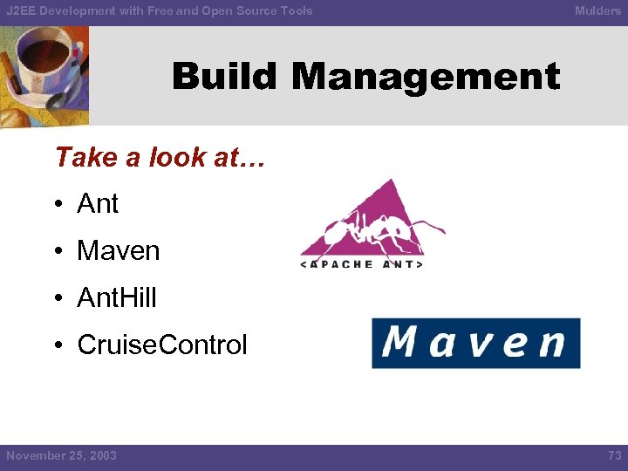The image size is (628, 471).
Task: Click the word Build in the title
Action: [x=226, y=77]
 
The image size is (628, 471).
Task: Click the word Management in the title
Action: [x=426, y=77]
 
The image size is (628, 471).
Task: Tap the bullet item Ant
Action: [x=98, y=204]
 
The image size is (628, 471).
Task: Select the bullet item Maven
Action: [x=119, y=251]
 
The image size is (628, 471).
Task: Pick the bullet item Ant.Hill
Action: [x=117, y=298]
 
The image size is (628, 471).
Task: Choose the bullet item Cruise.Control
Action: [x=162, y=345]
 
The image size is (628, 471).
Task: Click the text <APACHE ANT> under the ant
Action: [x=362, y=264]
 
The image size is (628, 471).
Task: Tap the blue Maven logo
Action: [x=475, y=343]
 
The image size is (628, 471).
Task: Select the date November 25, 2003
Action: [x=61, y=455]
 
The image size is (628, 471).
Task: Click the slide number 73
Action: [x=614, y=455]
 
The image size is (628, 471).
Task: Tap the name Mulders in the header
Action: [x=597, y=10]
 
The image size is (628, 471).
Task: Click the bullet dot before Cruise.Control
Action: [x=58, y=346]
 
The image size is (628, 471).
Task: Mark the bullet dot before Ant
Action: [x=58, y=205]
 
